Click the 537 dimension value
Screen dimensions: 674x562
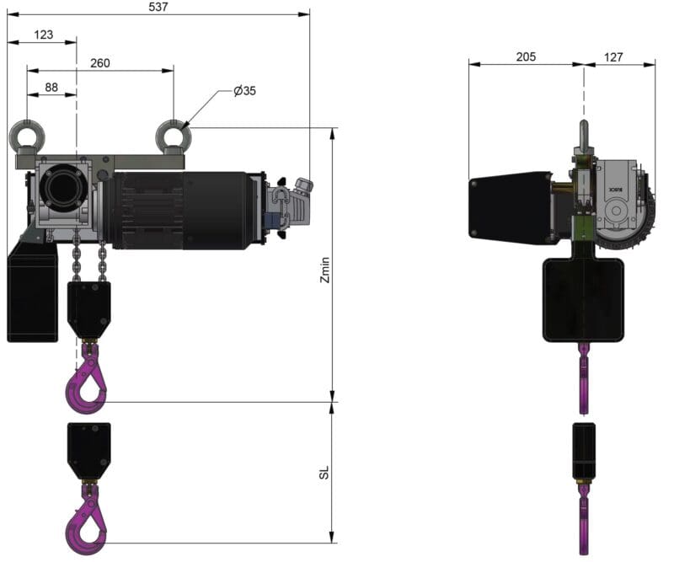(x=158, y=7)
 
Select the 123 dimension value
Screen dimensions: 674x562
(x=44, y=35)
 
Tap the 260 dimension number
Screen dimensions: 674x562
(x=100, y=63)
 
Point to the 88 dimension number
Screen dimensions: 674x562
(x=51, y=88)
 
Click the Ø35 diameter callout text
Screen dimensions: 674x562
(x=244, y=91)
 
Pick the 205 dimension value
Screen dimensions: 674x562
(x=526, y=56)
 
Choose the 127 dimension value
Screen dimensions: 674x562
(x=613, y=57)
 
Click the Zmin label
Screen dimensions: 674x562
(x=325, y=270)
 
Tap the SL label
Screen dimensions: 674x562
(x=324, y=472)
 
